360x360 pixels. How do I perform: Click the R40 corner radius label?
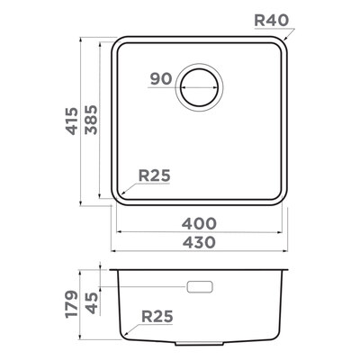click(271, 21)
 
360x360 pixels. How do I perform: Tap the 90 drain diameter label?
click(161, 78)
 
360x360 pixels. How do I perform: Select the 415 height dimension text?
click(72, 121)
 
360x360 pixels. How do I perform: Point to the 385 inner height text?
click(91, 120)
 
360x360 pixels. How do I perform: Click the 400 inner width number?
click(199, 223)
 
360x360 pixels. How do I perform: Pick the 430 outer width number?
click(199, 242)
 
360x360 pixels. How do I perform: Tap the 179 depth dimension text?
click(72, 304)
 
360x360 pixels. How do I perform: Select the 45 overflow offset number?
click(91, 303)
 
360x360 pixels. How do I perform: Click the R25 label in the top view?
click(155, 175)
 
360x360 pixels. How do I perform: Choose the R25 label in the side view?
click(157, 316)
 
